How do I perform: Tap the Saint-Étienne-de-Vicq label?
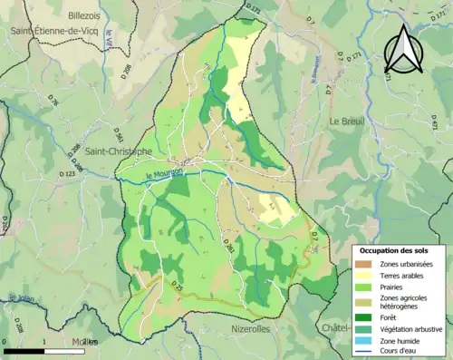click(52, 30)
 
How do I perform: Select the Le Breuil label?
click(346, 121)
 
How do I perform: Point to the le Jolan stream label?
click(20, 297)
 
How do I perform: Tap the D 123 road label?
click(66, 173)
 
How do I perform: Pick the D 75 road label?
click(178, 288)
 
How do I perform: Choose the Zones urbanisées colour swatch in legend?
click(364, 264)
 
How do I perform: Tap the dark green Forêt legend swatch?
click(364, 318)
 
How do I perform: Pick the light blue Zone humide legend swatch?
click(364, 340)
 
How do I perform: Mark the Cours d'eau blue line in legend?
click(364, 351)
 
